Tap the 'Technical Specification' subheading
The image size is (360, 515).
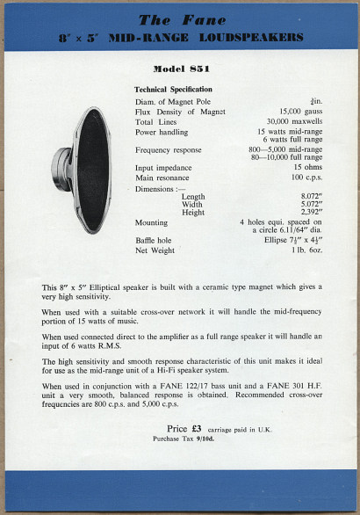pyautogui.click(x=173, y=90)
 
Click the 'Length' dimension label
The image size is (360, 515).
pyautogui.click(x=193, y=197)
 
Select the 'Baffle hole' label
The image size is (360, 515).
pyautogui.click(x=155, y=240)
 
